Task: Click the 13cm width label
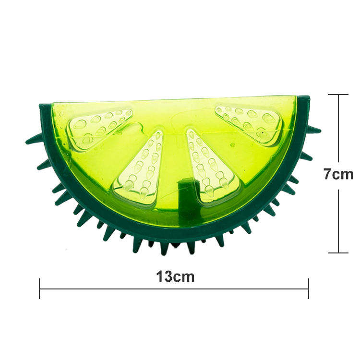coord(175,276)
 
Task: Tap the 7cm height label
coord(338,173)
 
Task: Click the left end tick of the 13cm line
coord(40,289)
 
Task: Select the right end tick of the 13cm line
coord(309,289)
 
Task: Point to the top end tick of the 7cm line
coord(339,95)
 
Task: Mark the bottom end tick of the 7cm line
coord(339,252)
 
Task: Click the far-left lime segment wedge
coord(98,125)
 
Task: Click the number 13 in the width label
coord(165,276)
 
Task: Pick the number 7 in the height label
coord(328,173)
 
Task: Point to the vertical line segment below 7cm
coord(339,221)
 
